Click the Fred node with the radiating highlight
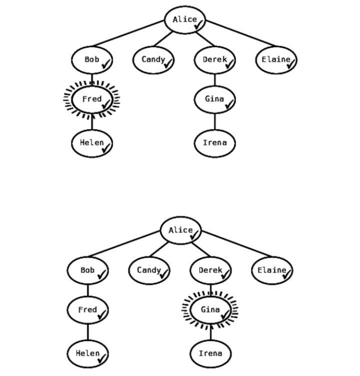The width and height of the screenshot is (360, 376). point(92,100)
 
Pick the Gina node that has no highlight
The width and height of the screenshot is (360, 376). point(215,100)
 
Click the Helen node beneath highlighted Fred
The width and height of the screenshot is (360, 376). point(92,143)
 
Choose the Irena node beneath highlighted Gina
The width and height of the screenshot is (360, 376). point(211,354)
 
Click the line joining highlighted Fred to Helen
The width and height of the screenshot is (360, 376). point(92,122)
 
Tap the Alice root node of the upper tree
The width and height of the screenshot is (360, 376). point(185,20)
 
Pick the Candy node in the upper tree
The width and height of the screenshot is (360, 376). point(153,61)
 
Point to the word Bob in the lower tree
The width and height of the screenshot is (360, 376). point(87,270)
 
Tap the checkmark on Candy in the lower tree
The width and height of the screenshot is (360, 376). point(164,274)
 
